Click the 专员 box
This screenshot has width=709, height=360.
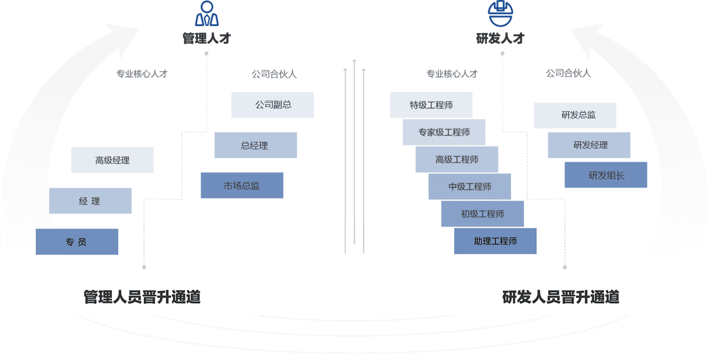pyautogui.click(x=77, y=242)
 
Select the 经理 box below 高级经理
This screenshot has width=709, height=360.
pyautogui.click(x=90, y=201)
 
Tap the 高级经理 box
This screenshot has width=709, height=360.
pyautogui.click(x=112, y=160)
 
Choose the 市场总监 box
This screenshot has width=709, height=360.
pyautogui.click(x=242, y=186)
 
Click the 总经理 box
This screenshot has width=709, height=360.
pyautogui.click(x=256, y=145)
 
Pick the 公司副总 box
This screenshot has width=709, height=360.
pyautogui.click(x=273, y=105)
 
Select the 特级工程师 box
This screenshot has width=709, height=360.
pyautogui.click(x=431, y=105)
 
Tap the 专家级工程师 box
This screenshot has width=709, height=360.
pyautogui.click(x=444, y=132)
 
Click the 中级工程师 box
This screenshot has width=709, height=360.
pyautogui.click(x=469, y=187)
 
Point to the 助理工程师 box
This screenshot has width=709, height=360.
pyautogui.click(x=495, y=241)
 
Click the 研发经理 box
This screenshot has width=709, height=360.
pyautogui.click(x=589, y=145)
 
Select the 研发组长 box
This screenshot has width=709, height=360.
pyautogui.click(x=606, y=175)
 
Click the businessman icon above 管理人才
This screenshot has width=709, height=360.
pyautogui.click(x=207, y=14)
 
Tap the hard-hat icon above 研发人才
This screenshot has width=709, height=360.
pyautogui.click(x=500, y=14)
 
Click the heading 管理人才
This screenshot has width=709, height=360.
pyautogui.click(x=207, y=39)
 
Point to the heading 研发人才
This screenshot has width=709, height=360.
pyautogui.click(x=500, y=39)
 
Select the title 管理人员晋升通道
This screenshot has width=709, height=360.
pyautogui.click(x=142, y=297)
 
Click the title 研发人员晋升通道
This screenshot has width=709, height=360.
pyautogui.click(x=561, y=297)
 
